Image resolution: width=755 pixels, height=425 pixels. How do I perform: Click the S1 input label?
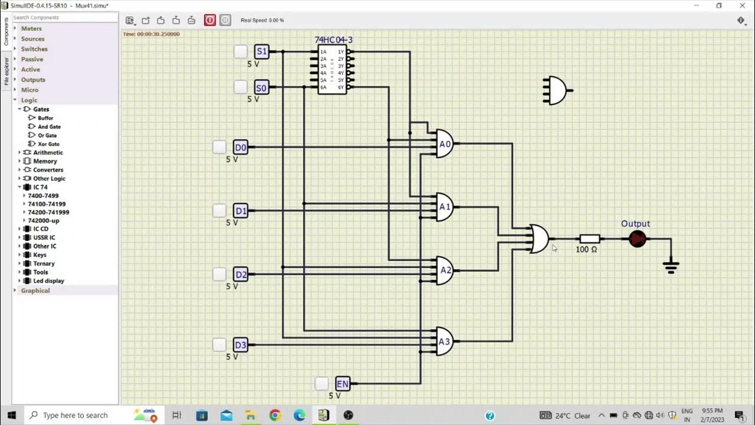261,51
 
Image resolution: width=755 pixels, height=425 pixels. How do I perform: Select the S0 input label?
261,87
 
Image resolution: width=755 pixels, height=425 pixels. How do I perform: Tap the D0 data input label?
241,147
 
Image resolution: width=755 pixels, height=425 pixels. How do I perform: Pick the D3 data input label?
241,345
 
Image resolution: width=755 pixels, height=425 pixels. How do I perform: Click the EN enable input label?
343,384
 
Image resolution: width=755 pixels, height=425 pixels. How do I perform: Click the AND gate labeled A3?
444,341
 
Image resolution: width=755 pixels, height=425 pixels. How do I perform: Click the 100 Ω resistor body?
589,239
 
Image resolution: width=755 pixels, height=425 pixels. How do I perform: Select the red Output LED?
638,239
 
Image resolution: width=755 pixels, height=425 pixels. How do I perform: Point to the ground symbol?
671,267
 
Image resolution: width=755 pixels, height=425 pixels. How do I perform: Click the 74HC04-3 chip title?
333,40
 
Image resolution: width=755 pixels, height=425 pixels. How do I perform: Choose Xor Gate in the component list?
49,144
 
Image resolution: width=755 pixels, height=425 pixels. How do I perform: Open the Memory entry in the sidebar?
45,161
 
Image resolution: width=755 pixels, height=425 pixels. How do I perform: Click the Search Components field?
65,18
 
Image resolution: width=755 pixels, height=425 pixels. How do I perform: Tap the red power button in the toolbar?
210,20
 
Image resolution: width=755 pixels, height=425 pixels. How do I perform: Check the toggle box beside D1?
219,211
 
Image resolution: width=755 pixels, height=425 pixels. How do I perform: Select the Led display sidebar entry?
48,281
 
